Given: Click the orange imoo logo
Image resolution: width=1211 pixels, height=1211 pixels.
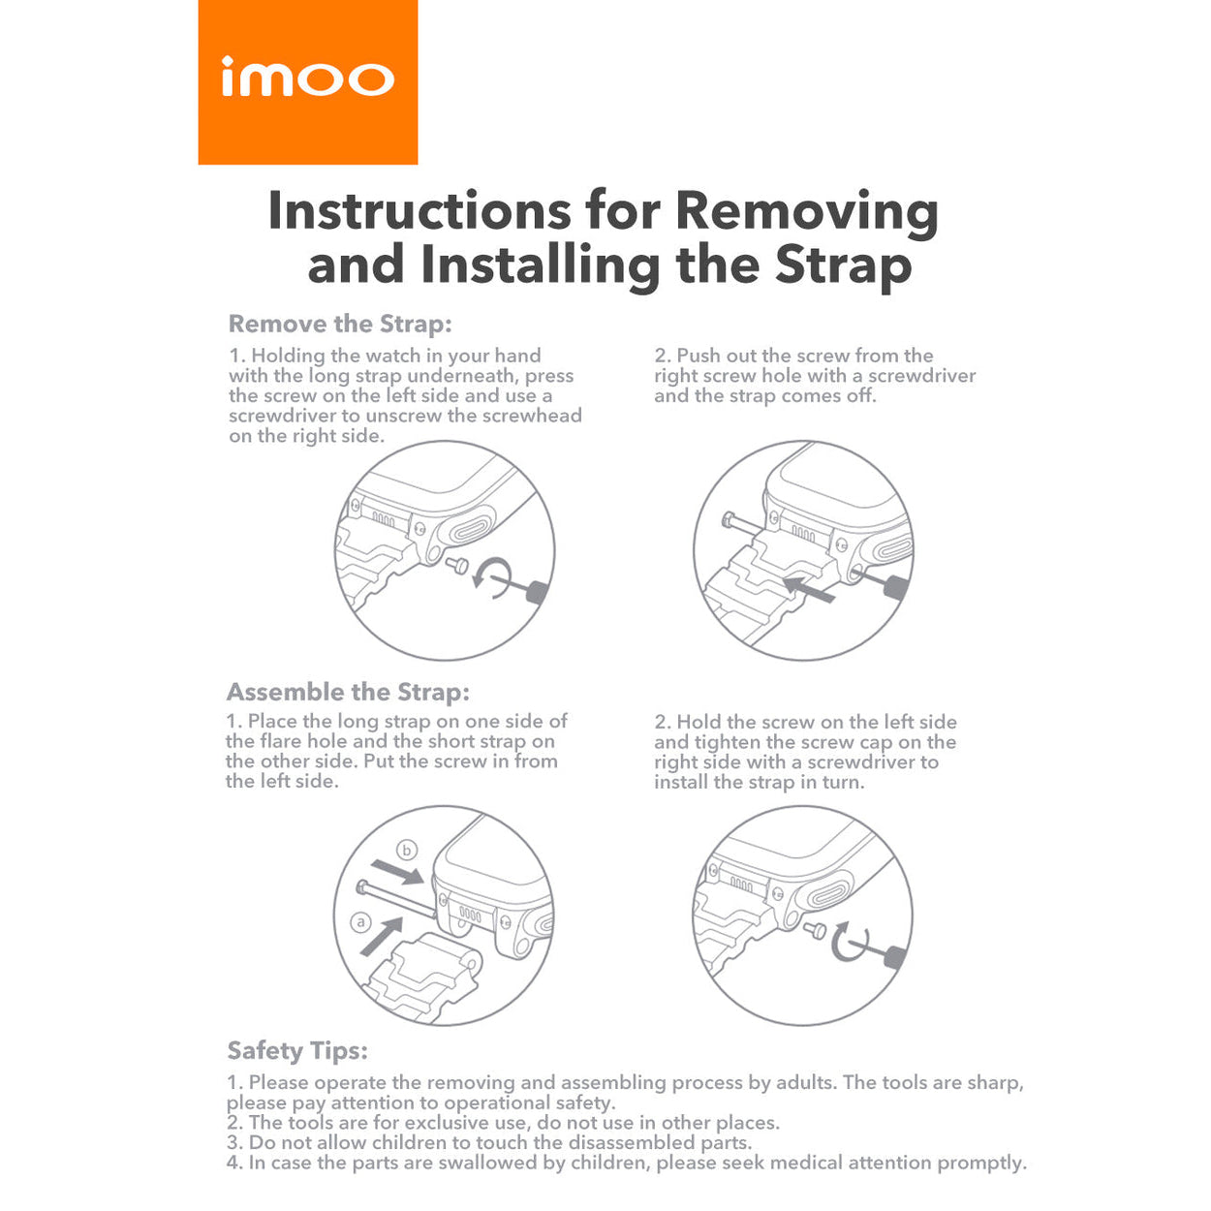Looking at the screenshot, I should click(307, 81).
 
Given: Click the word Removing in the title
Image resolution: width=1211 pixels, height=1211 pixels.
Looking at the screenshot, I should click(806, 211).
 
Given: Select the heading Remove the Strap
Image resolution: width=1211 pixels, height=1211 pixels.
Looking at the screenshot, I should click(340, 324).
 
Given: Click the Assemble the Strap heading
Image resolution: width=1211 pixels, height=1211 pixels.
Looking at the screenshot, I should click(348, 692).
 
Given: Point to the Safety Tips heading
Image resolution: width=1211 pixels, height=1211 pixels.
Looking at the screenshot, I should click(297, 1050).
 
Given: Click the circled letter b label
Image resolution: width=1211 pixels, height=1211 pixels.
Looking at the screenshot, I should click(407, 851).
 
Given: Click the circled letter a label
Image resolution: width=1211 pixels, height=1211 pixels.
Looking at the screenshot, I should click(360, 921).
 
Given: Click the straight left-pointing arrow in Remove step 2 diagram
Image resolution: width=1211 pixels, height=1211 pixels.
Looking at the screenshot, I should click(808, 587).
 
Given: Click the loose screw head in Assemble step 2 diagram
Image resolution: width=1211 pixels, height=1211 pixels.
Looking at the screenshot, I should click(816, 931).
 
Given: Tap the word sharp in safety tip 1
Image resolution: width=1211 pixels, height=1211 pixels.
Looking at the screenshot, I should click(995, 1082).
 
